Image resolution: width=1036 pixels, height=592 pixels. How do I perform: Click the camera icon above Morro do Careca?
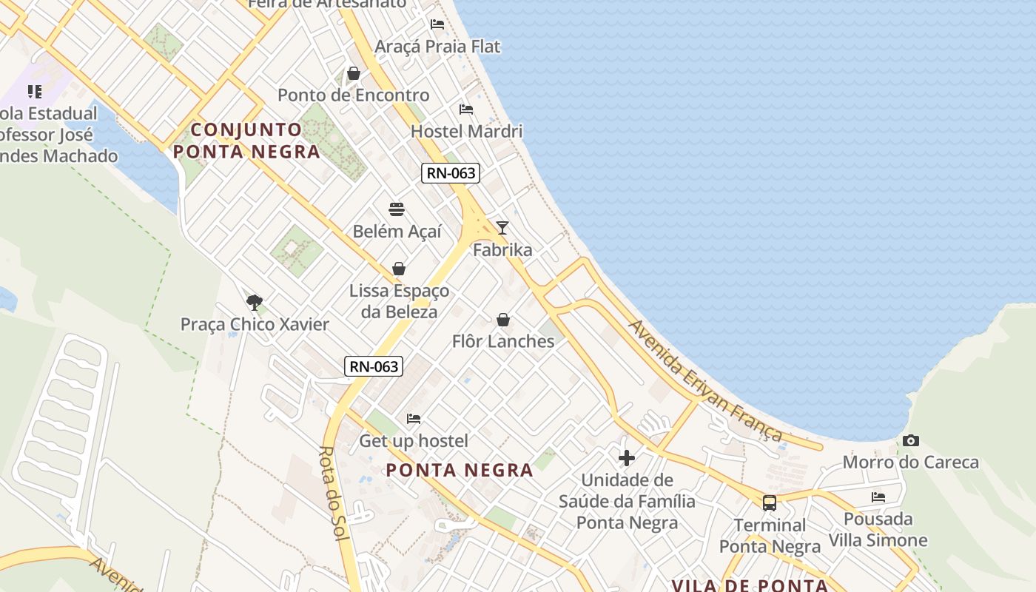(911, 441)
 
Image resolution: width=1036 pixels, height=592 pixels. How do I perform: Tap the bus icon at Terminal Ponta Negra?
(770, 503)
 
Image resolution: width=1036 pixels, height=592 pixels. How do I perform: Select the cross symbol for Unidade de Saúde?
(627, 458)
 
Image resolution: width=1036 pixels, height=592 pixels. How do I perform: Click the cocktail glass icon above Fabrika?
(502, 228)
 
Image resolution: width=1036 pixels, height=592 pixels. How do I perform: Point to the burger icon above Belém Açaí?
(397, 209)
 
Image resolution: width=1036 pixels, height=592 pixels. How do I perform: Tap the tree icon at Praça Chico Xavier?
(255, 302)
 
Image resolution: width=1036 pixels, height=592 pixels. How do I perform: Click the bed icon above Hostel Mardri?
(466, 110)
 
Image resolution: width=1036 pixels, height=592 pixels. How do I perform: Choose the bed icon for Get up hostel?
(414, 419)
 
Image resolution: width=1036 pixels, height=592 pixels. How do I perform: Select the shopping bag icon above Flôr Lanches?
(503, 320)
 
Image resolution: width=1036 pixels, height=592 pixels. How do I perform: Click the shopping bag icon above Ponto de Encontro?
(354, 73)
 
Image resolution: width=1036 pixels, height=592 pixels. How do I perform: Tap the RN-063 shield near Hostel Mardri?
(451, 173)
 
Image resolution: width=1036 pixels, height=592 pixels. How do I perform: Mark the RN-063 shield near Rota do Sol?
(374, 366)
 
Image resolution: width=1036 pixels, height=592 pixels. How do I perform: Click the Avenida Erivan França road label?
(704, 380)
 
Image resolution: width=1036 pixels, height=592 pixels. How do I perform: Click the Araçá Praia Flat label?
(437, 47)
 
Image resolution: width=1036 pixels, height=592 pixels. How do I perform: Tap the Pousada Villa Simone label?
(878, 529)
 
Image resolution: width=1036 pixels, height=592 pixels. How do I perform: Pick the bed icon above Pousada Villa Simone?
(878, 497)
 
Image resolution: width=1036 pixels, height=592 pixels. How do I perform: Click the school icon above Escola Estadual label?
(35, 92)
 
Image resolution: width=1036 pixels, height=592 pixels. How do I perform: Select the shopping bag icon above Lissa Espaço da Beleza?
(399, 268)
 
